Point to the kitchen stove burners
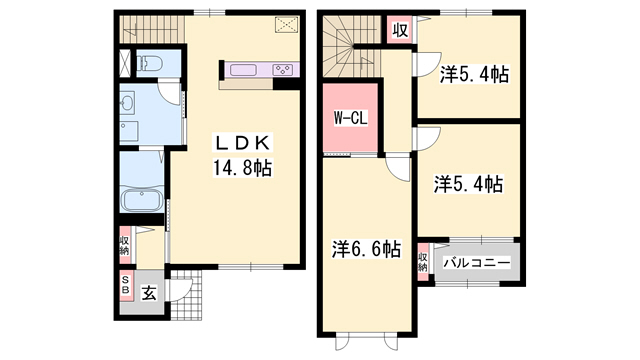click(282, 70)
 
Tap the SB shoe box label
click(126, 284)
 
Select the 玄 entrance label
click(148, 294)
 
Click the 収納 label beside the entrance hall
click(126, 246)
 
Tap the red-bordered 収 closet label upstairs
click(399, 30)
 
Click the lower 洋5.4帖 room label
click(468, 184)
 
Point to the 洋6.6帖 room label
click(367, 247)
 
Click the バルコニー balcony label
click(477, 262)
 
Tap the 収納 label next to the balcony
click(424, 262)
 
